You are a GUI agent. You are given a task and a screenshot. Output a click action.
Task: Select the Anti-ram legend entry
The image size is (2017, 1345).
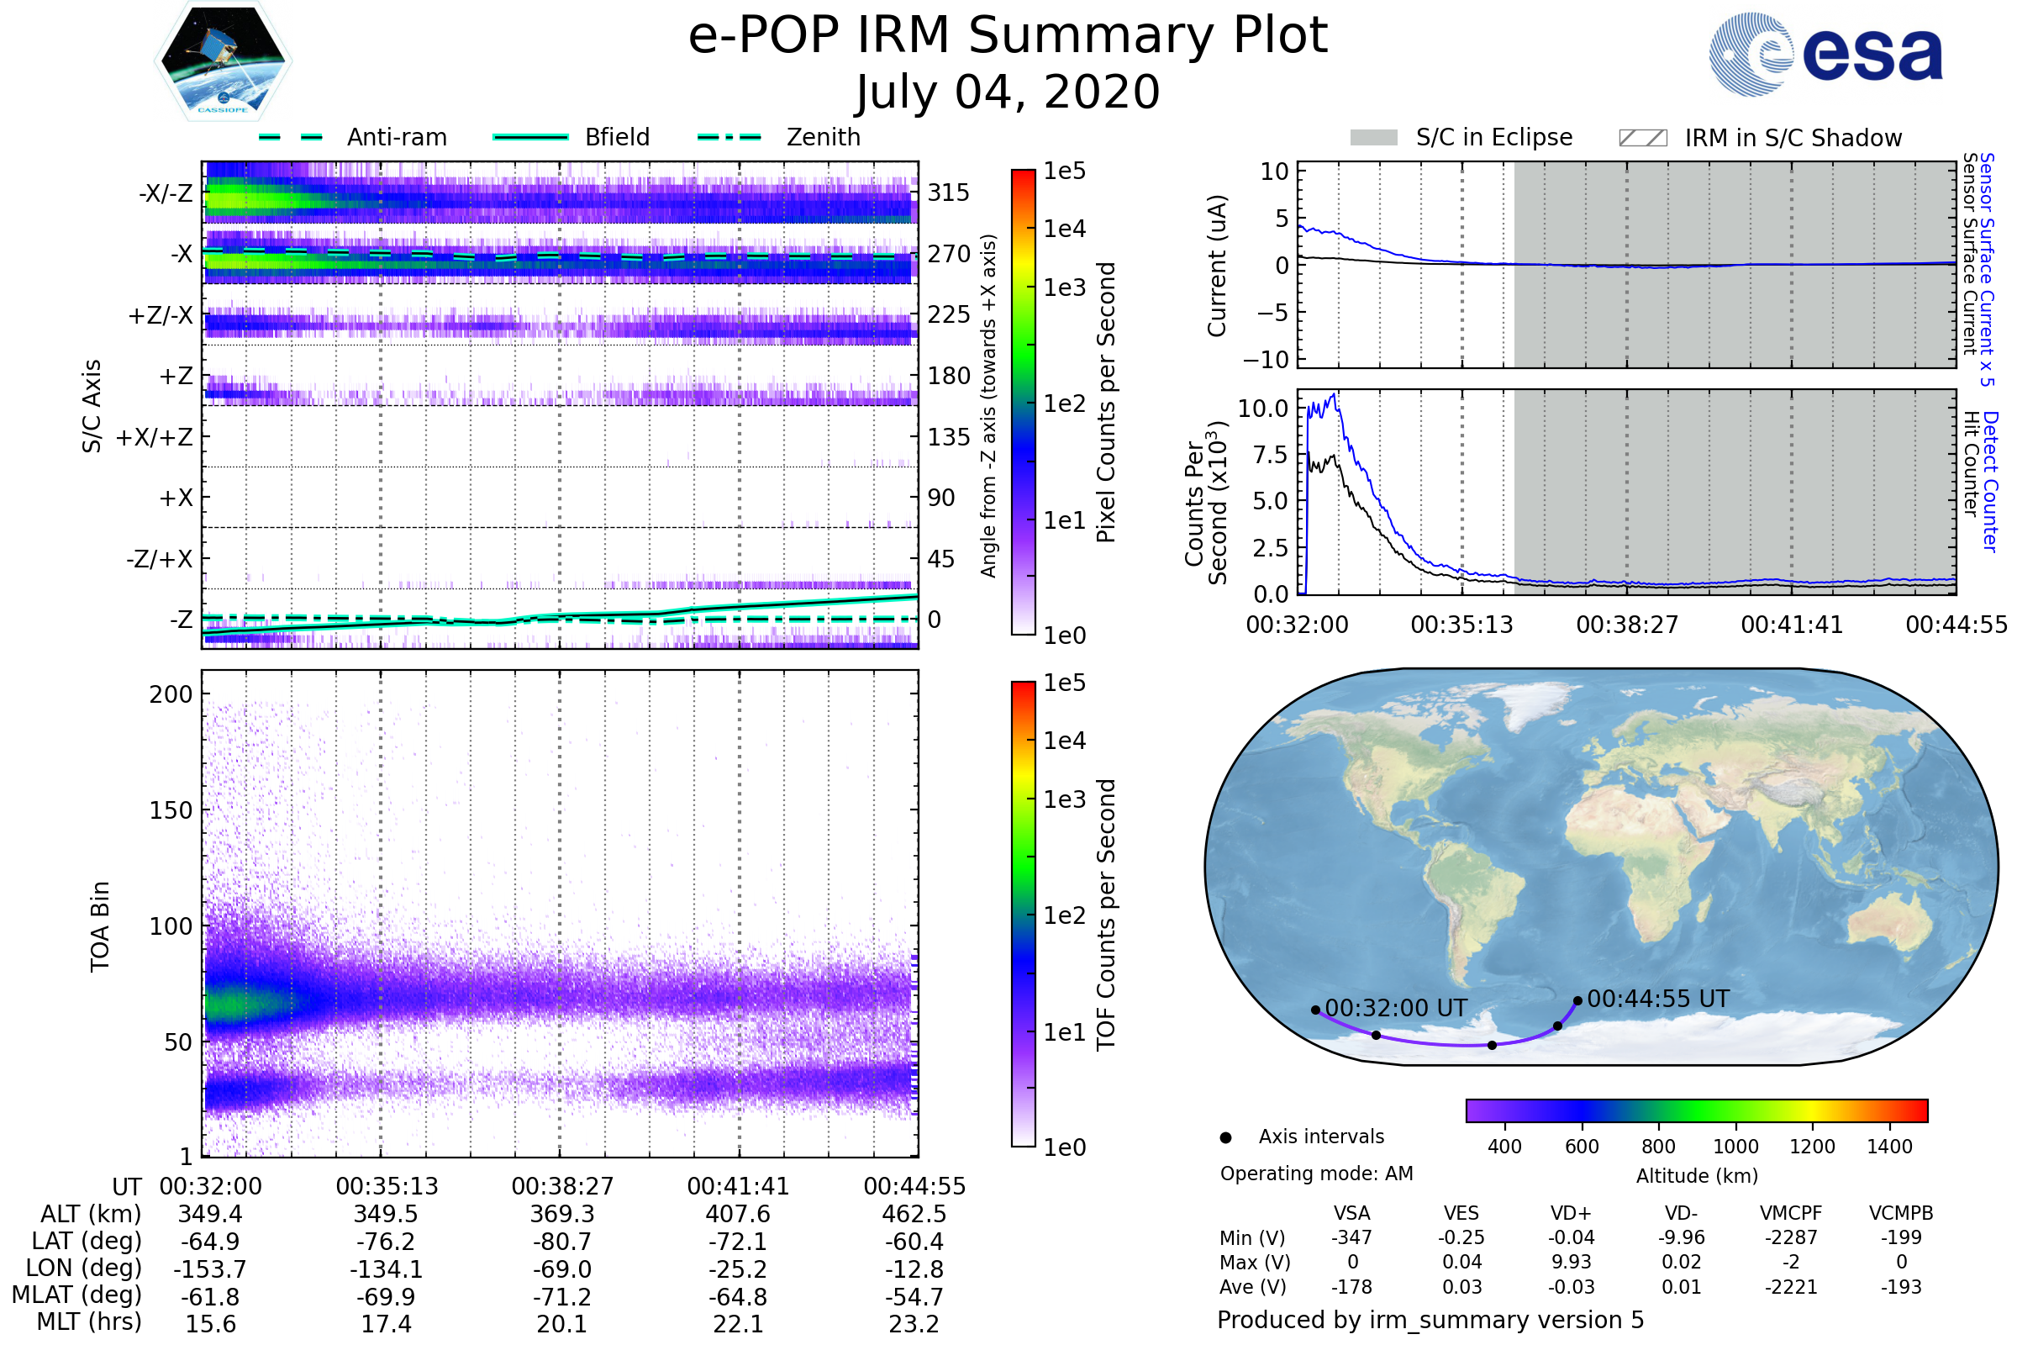pos(396,137)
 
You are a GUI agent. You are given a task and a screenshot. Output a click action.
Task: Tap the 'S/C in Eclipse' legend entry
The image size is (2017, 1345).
pos(1493,137)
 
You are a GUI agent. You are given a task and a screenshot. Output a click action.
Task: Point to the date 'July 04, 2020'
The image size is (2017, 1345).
pos(1008,92)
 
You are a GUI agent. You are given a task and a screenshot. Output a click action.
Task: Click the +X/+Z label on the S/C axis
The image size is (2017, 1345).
pos(155,437)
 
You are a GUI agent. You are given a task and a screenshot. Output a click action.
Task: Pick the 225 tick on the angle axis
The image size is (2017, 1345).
pos(949,314)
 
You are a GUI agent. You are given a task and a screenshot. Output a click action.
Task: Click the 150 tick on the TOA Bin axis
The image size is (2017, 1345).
pos(171,810)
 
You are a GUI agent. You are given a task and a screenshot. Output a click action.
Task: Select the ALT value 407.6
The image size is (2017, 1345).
pos(738,1215)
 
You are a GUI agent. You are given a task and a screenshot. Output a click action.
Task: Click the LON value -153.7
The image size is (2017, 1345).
pos(210,1269)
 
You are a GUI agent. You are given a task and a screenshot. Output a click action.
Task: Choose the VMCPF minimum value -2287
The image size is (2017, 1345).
pos(1791,1237)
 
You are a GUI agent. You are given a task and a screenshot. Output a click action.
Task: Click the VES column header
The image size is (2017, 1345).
pos(1461,1214)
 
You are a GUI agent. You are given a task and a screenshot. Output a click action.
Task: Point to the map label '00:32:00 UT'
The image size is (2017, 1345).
pos(1396,1009)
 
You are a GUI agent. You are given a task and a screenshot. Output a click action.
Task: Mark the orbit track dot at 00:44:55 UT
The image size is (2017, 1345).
pos(1578,1001)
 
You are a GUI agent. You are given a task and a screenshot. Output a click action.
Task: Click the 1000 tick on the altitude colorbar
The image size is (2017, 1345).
pos(1735,1147)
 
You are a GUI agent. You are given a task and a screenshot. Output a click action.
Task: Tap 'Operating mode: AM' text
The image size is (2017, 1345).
pos(1316,1174)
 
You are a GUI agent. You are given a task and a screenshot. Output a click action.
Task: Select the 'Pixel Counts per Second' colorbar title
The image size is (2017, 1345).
pos(1106,403)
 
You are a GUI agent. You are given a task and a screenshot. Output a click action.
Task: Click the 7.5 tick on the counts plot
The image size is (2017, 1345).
pos(1270,456)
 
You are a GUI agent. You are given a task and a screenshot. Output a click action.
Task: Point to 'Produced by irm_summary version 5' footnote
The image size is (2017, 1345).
pos(1430,1320)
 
